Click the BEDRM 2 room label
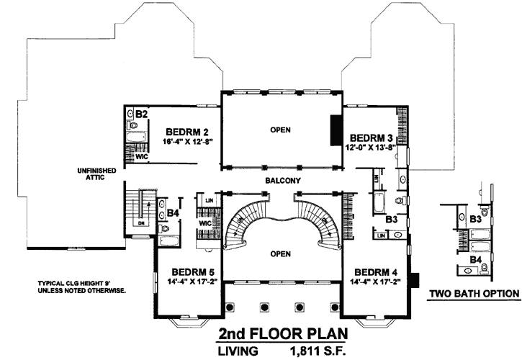pyautogui.click(x=187, y=132)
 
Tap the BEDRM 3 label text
pyautogui.click(x=372, y=137)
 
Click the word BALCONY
pyautogui.click(x=281, y=181)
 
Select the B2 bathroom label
pyautogui.click(x=142, y=114)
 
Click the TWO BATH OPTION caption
pyautogui.click(x=473, y=294)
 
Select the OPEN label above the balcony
pyautogui.click(x=281, y=131)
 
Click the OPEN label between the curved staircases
pyautogui.click(x=281, y=253)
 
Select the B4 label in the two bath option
pyautogui.click(x=476, y=258)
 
